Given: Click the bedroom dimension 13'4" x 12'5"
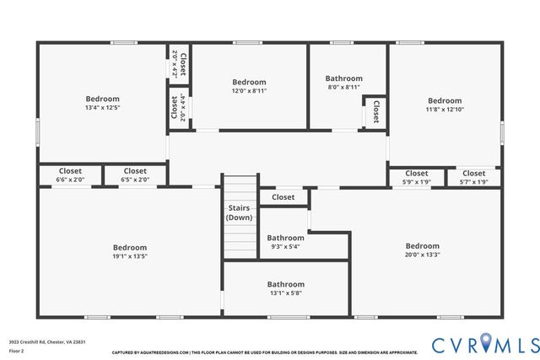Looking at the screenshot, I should pos(102,108).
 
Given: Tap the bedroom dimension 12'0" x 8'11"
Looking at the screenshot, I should pos(249,91).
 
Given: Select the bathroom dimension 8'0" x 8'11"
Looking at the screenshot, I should pos(343,87).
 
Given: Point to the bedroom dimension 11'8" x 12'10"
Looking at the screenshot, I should pos(444,109).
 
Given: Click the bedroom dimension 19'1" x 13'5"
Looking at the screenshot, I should pos(130,256).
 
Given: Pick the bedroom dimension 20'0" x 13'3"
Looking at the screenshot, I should pos(422,255).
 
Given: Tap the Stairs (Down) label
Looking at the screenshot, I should pos(239,212).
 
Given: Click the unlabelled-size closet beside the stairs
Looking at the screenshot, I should pos(283,197).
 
